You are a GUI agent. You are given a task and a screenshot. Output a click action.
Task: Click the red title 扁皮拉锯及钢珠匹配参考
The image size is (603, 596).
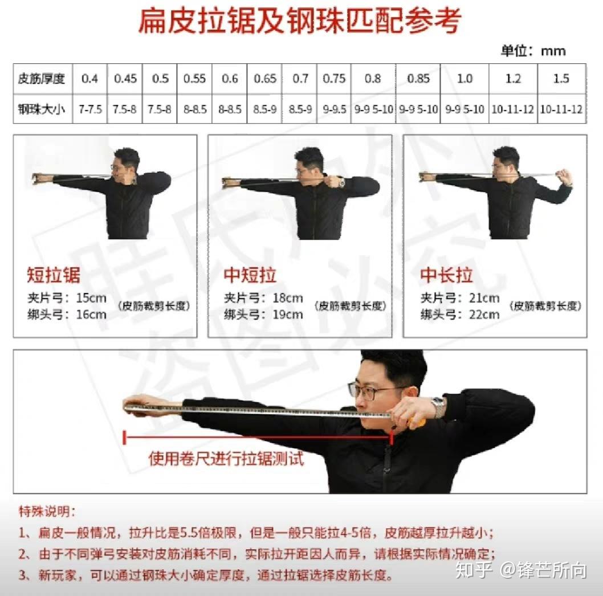point(300,21)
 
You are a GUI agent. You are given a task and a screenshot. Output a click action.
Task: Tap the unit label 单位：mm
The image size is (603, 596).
point(533,51)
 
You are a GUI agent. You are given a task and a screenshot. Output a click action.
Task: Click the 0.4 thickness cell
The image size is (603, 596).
point(89,79)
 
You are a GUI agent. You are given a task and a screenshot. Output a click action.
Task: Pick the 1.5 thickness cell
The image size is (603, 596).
point(561,79)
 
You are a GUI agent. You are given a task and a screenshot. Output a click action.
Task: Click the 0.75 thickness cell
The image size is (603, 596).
point(334,79)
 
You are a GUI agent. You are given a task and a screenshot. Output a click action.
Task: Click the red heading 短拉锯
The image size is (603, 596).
point(54,276)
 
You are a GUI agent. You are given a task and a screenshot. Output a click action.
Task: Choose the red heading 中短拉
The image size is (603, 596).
point(250,276)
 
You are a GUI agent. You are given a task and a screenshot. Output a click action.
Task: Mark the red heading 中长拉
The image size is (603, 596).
point(446,276)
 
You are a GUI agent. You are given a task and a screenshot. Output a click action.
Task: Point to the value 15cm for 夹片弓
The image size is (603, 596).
point(91,297)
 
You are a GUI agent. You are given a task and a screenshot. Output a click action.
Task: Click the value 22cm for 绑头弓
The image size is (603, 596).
point(484,314)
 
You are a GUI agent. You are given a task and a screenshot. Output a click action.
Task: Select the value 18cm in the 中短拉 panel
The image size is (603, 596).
point(287,297)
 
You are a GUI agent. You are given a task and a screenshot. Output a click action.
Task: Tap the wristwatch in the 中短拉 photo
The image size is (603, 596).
point(341,183)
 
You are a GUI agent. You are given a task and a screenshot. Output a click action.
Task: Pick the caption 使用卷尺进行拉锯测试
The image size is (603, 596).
point(226,459)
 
